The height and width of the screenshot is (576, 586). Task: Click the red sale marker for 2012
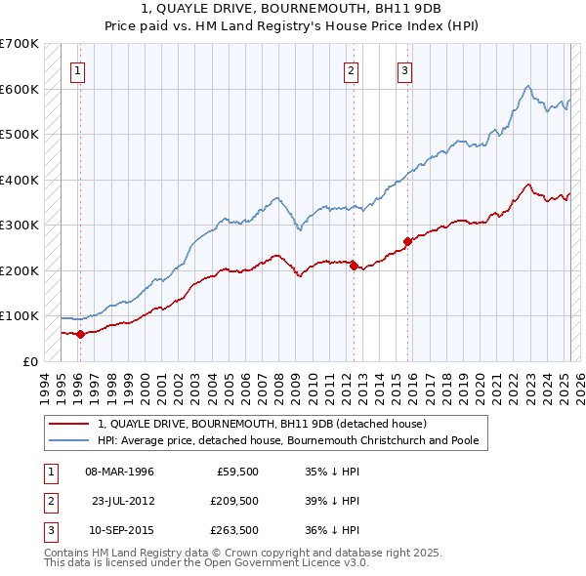click(355, 266)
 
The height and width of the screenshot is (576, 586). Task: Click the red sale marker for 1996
click(80, 334)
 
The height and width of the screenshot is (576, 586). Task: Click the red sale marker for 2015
click(408, 241)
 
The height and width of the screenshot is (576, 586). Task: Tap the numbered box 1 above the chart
click(77, 69)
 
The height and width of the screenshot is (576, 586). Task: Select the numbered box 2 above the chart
click(351, 69)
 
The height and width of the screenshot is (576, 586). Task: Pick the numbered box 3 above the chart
click(404, 69)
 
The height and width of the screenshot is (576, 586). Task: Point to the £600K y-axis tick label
click(20, 89)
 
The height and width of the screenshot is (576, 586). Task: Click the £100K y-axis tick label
click(20, 315)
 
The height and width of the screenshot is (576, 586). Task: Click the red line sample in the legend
click(69, 424)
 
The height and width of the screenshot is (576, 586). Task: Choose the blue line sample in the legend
click(69, 440)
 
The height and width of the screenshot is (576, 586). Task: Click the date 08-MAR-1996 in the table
click(120, 472)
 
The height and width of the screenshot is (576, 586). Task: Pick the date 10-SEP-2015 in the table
click(120, 532)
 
